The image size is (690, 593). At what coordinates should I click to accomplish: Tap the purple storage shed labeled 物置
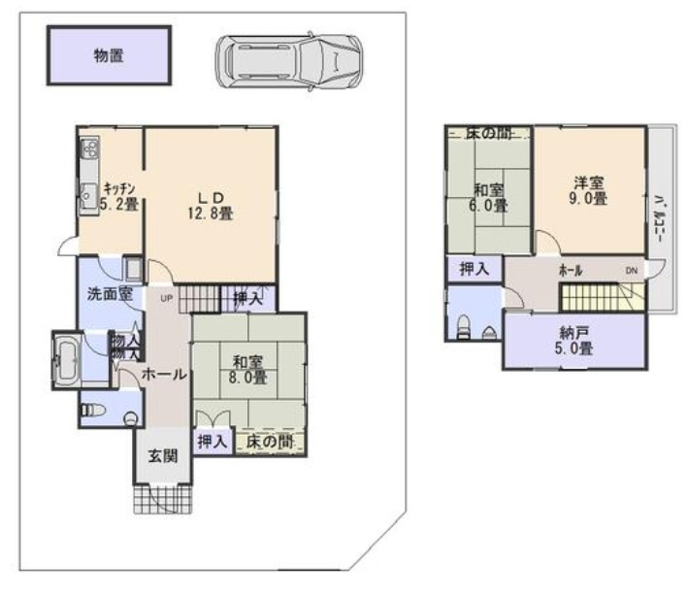tap(109, 56)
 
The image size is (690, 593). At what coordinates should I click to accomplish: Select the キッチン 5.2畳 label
tap(118, 197)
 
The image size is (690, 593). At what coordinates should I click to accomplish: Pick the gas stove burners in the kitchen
tap(88, 149)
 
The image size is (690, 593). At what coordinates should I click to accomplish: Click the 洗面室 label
tap(110, 294)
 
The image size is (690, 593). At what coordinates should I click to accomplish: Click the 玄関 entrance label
tap(162, 456)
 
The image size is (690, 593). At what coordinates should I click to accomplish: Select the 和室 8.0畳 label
tap(249, 370)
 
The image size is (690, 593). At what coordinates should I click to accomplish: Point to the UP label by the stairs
tap(166, 298)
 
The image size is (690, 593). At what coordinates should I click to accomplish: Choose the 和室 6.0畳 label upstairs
tap(489, 197)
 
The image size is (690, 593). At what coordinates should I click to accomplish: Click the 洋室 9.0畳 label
tap(589, 189)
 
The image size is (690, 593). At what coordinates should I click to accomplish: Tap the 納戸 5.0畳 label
tap(574, 339)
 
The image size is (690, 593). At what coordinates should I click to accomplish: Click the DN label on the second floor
tap(632, 270)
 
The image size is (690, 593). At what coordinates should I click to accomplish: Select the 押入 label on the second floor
tap(474, 269)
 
